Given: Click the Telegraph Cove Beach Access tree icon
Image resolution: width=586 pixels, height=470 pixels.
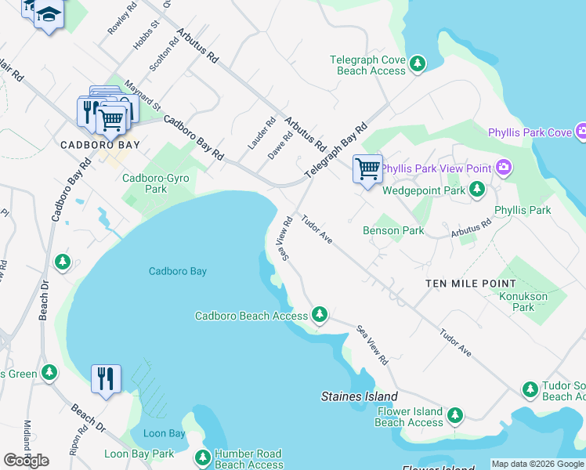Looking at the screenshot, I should (418, 63).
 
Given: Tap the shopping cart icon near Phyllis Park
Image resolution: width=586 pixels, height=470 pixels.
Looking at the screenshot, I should (367, 168).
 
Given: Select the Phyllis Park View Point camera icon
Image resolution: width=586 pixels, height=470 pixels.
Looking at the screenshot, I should (503, 167).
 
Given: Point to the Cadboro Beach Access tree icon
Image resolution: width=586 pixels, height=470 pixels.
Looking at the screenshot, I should (319, 315).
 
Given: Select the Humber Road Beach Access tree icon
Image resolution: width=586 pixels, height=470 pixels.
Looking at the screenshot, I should (202, 457).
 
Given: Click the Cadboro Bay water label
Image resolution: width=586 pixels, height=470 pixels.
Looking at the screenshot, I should (178, 271).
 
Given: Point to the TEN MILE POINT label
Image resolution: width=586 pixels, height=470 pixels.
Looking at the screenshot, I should (471, 283).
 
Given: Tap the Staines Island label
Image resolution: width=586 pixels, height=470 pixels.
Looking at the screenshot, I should (360, 396).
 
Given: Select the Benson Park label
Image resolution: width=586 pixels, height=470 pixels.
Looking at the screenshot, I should (393, 230).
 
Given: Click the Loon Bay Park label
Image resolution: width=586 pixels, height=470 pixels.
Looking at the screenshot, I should (139, 454).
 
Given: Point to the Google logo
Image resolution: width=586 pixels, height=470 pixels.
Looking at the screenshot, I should (26, 461).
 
